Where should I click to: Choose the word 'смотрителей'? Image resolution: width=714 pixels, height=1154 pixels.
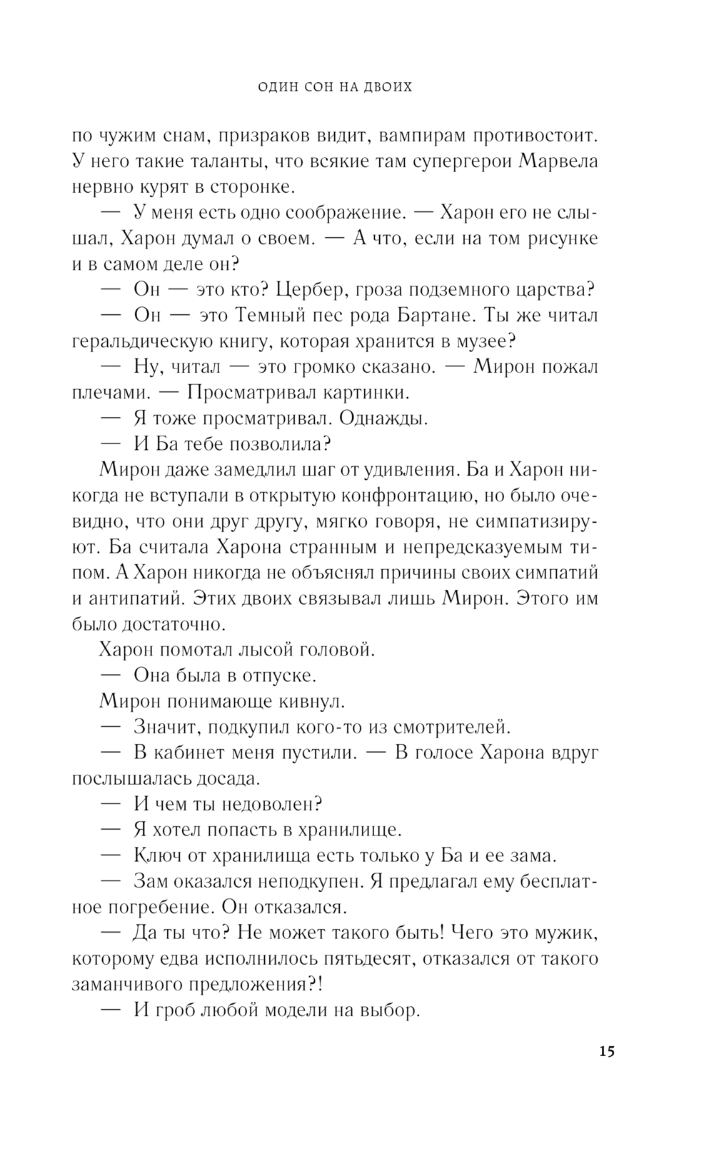(x=450, y=726)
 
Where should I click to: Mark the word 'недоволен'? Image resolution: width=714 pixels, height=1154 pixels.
(x=268, y=803)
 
